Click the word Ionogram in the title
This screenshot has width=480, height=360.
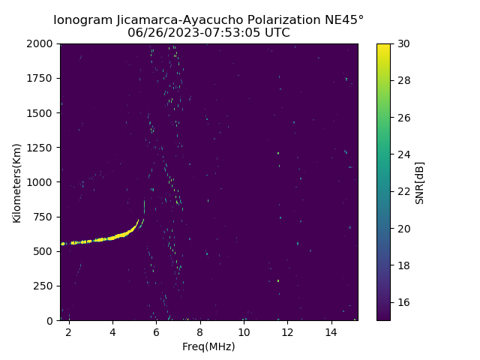[82, 19]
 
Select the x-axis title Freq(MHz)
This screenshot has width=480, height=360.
[208, 346]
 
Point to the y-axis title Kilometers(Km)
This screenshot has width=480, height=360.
[16, 182]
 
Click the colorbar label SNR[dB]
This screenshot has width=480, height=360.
[420, 182]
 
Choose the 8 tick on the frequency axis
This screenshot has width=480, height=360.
[200, 331]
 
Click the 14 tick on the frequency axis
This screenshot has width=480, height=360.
[331, 331]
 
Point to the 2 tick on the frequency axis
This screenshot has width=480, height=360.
[69, 331]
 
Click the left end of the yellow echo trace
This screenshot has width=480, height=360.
[63, 244]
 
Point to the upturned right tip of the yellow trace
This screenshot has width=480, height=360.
[138, 221]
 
